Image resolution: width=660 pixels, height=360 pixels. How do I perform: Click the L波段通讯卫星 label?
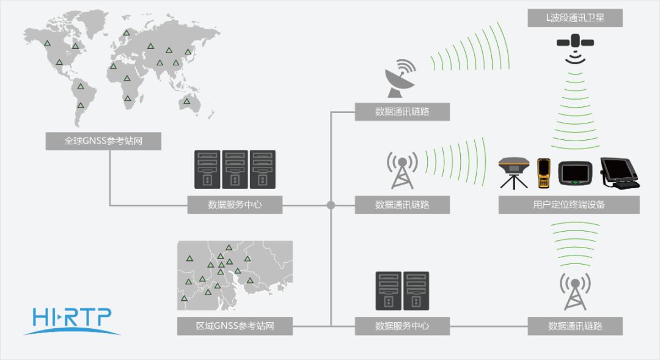pyautogui.click(x=575, y=18)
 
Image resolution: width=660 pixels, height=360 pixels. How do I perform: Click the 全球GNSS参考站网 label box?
pyautogui.click(x=103, y=141)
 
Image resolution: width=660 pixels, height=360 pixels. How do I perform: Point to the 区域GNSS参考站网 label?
pyautogui.click(x=235, y=326)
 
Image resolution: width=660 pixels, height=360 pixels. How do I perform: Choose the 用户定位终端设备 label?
pyautogui.click(x=569, y=205)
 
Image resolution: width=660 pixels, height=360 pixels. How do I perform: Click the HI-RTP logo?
pyautogui.click(x=72, y=321)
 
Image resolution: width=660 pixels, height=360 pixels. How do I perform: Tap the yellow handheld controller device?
pyautogui.click(x=543, y=173)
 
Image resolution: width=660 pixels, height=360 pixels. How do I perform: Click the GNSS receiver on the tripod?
pyautogui.click(x=513, y=173)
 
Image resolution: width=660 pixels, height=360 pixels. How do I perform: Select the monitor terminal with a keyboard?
pyautogui.click(x=620, y=173)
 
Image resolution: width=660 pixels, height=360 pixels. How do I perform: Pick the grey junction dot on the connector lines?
pyautogui.click(x=331, y=205)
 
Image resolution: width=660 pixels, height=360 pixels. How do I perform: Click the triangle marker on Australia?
pyautogui.click(x=186, y=101)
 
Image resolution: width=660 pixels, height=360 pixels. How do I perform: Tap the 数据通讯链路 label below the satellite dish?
pyautogui.click(x=402, y=112)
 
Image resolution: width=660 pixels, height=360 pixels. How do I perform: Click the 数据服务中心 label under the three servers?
pyautogui.click(x=235, y=205)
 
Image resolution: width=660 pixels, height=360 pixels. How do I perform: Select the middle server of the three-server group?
pyautogui.click(x=235, y=169)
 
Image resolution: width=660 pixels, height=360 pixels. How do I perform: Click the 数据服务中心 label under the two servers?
pyautogui.click(x=402, y=326)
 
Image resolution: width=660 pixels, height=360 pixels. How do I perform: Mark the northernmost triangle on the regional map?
pyautogui.click(x=229, y=248)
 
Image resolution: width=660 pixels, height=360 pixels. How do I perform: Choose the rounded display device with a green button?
pyautogui.click(x=575, y=174)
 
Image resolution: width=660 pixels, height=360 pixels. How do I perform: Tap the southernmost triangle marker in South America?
pyautogui.click(x=81, y=105)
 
